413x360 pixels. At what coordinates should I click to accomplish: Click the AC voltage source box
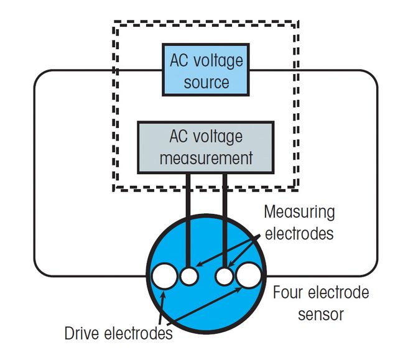206,69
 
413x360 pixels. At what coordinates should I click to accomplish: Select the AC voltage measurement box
206,147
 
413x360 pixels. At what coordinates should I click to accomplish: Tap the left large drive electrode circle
165,276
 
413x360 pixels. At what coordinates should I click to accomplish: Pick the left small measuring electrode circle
189,275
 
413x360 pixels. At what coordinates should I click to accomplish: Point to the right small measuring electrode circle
224,275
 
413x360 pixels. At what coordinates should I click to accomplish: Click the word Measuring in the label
299,212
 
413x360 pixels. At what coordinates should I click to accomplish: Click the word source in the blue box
206,82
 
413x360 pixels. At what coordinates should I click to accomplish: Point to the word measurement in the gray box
206,158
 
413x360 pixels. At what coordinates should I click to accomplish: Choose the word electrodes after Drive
140,334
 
